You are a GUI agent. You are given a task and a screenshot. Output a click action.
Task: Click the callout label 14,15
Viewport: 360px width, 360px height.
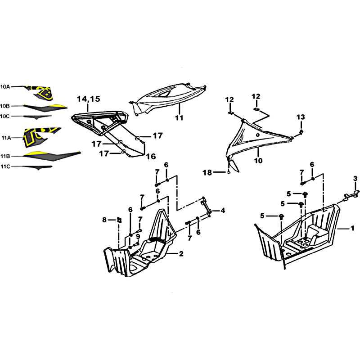(x=88, y=99)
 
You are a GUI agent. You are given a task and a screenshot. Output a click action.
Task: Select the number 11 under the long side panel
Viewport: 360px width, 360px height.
(x=179, y=118)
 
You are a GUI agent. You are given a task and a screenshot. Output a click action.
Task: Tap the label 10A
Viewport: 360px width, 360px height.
(x=5, y=87)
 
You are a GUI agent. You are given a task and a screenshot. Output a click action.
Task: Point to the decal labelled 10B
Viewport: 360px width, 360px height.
(x=45, y=108)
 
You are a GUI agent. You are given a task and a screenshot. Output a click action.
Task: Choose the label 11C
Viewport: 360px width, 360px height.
(x=5, y=166)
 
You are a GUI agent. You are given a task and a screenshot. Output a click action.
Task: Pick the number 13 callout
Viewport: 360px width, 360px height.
(x=301, y=117)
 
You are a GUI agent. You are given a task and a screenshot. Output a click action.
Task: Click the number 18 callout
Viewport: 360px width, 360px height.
(x=207, y=172)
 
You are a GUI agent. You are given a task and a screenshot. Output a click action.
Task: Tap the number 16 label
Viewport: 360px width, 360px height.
(x=151, y=157)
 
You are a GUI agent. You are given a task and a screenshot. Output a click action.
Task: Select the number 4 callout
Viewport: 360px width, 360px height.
(x=223, y=210)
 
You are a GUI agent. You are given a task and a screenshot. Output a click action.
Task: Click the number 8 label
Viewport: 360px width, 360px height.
(x=104, y=220)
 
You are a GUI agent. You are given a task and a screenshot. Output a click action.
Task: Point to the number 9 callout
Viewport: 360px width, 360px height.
(x=138, y=237)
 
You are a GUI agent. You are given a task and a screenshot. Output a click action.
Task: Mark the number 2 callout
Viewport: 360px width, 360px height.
(x=181, y=254)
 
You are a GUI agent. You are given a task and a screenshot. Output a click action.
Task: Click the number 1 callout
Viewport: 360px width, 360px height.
(x=352, y=229)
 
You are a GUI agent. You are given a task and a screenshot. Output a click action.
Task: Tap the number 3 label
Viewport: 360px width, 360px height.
(x=355, y=178)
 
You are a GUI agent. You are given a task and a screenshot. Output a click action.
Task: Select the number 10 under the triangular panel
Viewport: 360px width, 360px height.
(x=258, y=161)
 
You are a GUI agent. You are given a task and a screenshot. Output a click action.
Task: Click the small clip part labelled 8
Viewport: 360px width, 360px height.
(x=119, y=220)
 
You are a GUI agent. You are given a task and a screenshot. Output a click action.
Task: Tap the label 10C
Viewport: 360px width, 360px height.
(x=5, y=116)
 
